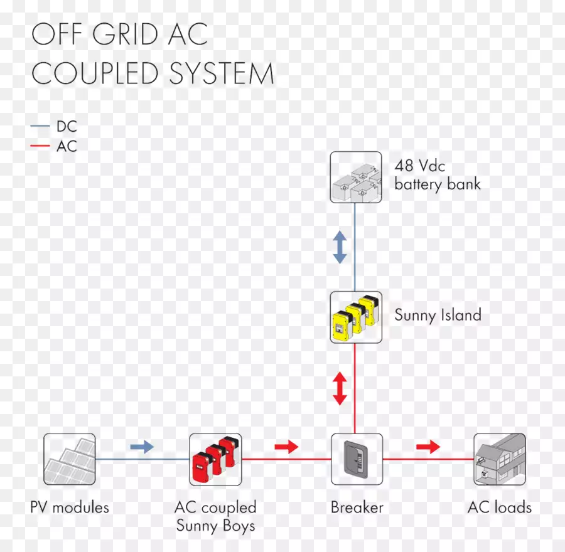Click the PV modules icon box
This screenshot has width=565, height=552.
70,459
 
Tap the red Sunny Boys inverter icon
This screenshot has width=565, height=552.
215,459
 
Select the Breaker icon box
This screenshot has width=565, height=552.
357,459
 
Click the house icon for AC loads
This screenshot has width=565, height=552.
500,459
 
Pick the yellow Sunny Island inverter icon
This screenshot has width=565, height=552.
356,317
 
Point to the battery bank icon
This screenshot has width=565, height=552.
356,177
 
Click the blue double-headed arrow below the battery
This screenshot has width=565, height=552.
340,247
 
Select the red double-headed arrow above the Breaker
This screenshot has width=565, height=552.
340,388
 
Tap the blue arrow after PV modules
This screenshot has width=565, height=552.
142,447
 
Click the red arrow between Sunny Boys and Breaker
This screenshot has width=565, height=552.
286,447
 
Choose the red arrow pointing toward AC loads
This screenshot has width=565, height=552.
429,447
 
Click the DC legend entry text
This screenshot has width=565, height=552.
67,127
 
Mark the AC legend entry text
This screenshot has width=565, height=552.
67,147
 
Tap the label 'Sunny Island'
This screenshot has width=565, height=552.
438,315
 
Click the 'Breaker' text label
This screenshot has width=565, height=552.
357,507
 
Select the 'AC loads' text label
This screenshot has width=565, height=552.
500,507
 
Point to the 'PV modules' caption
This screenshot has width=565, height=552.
70,507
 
